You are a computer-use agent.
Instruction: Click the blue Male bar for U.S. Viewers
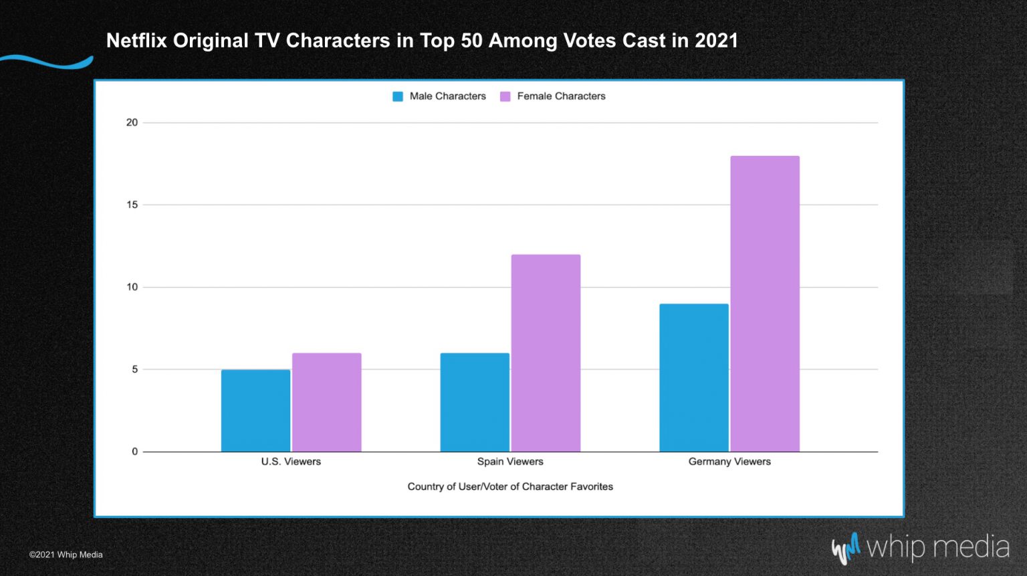tap(255, 410)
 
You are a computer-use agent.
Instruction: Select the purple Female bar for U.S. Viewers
tap(326, 402)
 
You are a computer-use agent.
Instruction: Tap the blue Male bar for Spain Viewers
tap(475, 402)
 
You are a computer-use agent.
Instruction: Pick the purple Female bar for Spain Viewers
tap(546, 353)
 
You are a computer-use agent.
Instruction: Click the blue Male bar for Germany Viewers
tap(693, 377)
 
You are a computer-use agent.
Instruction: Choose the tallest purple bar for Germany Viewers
tap(765, 304)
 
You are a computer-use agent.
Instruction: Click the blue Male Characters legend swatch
tap(398, 96)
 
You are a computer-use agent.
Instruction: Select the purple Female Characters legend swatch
tap(505, 96)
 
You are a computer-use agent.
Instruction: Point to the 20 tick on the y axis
tap(132, 122)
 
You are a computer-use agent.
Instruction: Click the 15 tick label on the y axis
tap(132, 205)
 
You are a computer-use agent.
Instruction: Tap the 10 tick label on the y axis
tap(132, 287)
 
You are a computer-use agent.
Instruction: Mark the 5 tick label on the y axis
tap(134, 369)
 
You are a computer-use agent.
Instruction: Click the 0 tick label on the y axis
tap(134, 452)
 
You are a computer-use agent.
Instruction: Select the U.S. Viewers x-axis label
tap(291, 462)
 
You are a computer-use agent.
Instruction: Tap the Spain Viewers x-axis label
tap(510, 462)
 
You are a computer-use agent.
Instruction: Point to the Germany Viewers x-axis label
tap(729, 462)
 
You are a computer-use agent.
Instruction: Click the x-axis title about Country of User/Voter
tap(510, 486)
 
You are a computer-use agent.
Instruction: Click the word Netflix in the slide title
tap(136, 41)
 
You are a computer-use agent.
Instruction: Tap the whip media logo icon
tap(846, 548)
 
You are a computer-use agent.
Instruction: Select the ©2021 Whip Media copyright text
tap(66, 555)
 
